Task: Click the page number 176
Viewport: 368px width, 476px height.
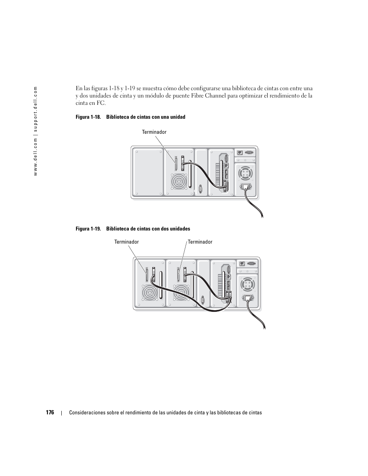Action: (50, 412)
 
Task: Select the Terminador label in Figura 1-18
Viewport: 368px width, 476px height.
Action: (154, 132)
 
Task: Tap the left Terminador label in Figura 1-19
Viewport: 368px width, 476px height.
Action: (126, 242)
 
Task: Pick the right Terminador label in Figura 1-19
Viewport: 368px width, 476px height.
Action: (200, 242)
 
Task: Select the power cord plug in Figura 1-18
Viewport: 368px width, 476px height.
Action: (245, 188)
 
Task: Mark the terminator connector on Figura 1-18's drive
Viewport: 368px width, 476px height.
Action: (176, 163)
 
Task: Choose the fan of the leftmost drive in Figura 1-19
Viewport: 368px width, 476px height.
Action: (150, 293)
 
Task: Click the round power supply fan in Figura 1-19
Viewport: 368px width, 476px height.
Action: (247, 285)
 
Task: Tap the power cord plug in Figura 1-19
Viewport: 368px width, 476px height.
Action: (247, 298)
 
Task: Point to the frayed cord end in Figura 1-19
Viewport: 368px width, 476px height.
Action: (263, 327)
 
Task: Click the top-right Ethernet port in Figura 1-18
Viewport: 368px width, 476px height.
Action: (240, 152)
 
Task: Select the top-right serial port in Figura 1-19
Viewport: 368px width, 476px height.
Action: (251, 264)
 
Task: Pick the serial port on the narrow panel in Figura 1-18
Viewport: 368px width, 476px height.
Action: (201, 189)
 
